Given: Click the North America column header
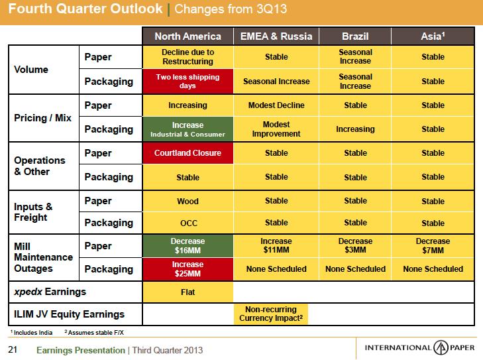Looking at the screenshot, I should [188, 36].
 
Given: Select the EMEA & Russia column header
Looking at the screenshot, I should [276, 36].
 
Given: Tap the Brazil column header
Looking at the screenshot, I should [355, 36].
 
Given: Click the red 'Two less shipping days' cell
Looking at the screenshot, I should [188, 82].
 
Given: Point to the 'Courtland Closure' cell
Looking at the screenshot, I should [188, 153].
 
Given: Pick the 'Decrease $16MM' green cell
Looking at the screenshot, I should [188, 245].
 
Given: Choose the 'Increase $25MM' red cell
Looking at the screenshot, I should [188, 269].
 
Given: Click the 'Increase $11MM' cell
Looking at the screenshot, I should [276, 245].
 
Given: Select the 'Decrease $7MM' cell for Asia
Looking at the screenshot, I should [433, 245].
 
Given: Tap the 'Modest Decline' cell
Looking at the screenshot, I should [276, 105].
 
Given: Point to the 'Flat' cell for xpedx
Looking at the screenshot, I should [188, 291].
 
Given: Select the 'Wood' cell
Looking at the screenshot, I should [188, 201].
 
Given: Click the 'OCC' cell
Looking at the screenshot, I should [188, 223].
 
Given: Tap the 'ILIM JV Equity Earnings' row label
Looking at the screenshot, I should [64, 314].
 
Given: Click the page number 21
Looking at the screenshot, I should [12, 349].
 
